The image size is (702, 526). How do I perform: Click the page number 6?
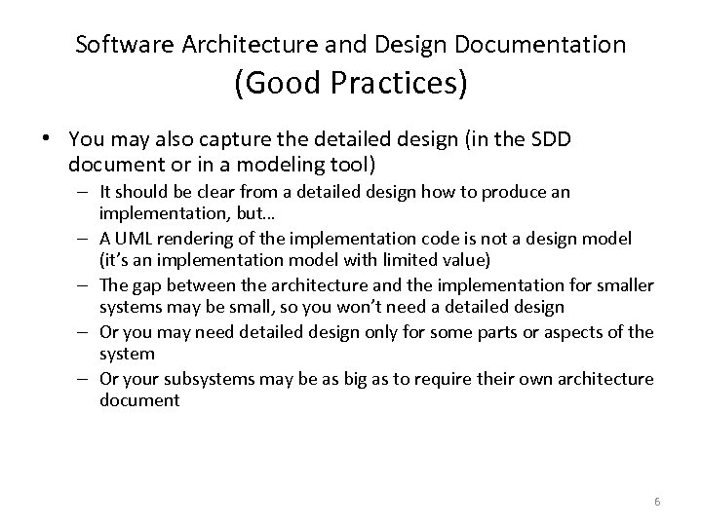coord(657,501)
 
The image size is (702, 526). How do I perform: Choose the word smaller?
coord(622,283)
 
